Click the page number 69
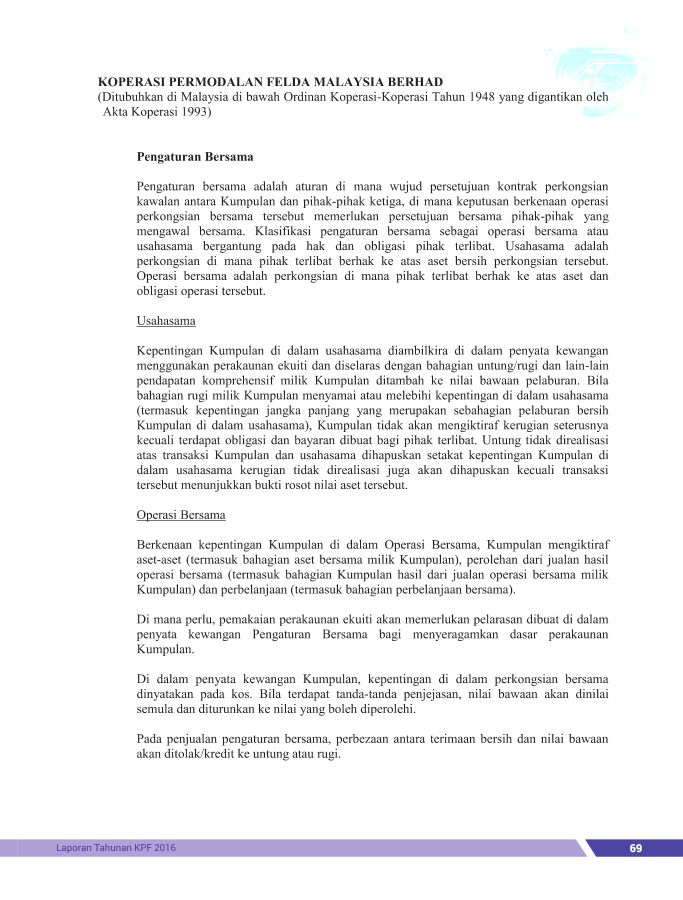coord(635,848)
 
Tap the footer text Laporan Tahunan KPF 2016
coord(115,847)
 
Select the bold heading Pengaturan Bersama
coord(195,157)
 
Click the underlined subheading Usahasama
coord(166,321)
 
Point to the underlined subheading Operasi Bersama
coord(181,515)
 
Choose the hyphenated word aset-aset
coord(158,560)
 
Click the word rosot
coord(298,485)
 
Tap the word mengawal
coord(163,231)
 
